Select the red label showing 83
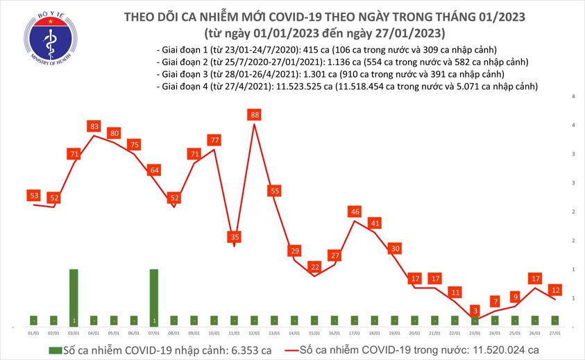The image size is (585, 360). (x=94, y=126)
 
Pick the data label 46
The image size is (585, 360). (x=355, y=212)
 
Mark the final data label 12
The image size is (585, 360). (x=556, y=289)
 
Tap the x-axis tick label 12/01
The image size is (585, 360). (x=255, y=333)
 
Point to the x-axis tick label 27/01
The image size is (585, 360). (x=556, y=333)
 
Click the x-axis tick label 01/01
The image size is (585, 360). (x=34, y=333)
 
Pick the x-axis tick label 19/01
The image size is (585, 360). (x=395, y=333)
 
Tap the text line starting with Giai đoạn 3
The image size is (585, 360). (x=331, y=74)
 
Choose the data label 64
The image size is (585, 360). (x=154, y=171)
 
